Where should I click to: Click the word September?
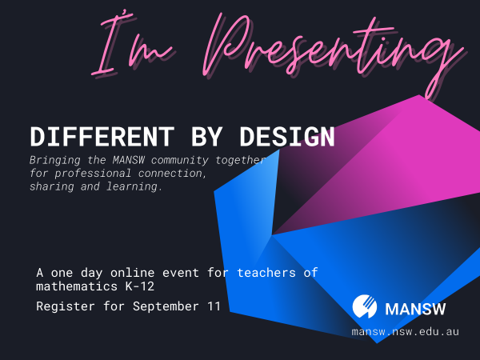click(x=168, y=306)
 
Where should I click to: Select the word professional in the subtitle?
click(x=98, y=174)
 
